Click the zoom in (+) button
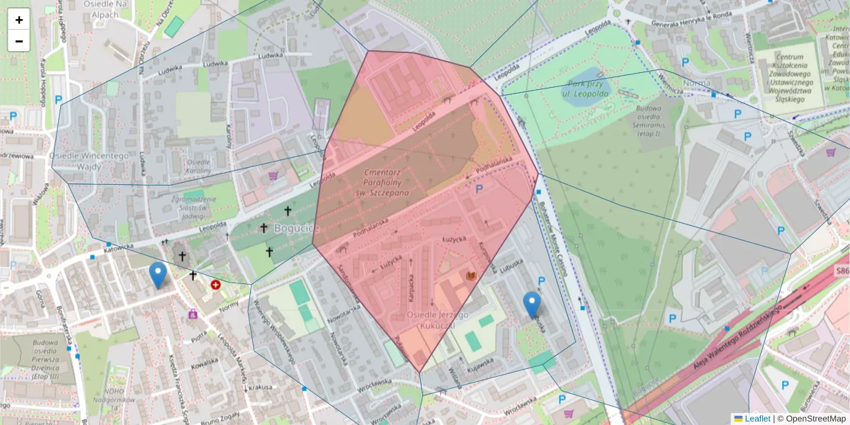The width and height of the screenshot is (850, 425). (19, 20)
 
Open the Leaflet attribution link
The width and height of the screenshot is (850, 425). (756, 419)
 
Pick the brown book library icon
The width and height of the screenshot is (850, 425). (470, 276)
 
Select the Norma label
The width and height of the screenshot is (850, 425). (697, 83)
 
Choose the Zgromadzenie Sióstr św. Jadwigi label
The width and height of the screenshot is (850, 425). (188, 203)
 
